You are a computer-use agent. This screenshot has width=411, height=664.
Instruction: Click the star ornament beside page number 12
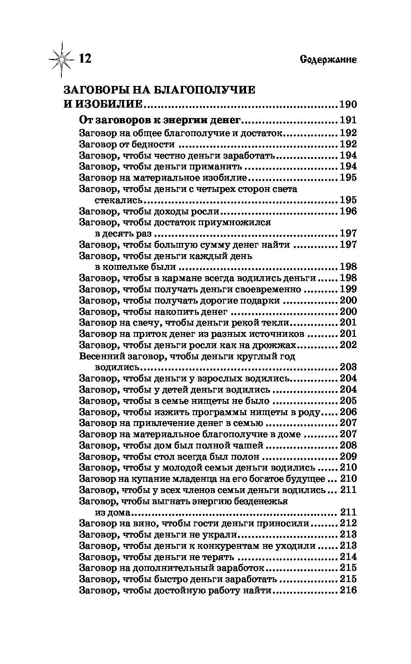[61, 59]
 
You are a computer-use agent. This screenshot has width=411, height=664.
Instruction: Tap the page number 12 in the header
[85, 59]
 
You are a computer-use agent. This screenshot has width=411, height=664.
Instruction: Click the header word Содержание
[328, 60]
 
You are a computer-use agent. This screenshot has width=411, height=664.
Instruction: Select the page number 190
[348, 105]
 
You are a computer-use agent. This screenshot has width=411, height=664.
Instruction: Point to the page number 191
[348, 120]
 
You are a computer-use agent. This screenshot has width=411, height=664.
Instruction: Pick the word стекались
[119, 200]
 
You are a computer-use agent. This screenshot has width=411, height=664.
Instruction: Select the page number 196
[348, 211]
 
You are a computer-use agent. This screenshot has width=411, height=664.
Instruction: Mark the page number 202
[348, 345]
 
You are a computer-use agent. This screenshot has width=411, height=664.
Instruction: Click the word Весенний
[101, 356]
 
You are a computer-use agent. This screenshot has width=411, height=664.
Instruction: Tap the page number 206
[348, 412]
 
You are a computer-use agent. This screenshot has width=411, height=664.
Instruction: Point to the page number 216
[348, 590]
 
